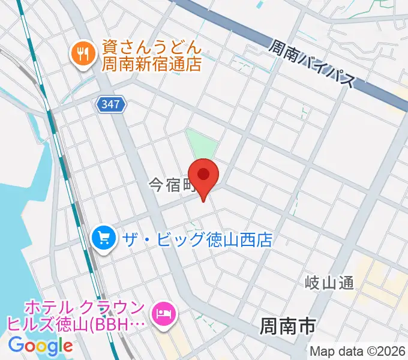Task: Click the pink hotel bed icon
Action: (163, 314)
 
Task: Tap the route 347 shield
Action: (111, 105)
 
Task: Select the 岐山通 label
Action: (329, 282)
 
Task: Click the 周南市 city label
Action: (288, 326)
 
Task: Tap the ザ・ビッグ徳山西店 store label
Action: (197, 240)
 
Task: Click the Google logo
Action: (41, 345)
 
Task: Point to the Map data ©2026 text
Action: (358, 351)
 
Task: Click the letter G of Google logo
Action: (17, 345)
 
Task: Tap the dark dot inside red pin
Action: (204, 174)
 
